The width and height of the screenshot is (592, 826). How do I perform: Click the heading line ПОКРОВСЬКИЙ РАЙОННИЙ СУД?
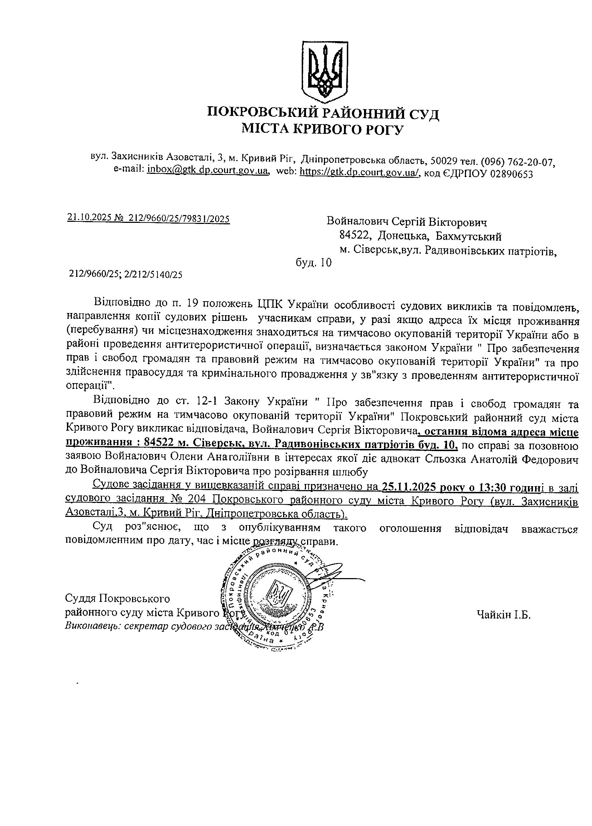(x=323, y=114)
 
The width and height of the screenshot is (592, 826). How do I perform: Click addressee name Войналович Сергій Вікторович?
(x=407, y=221)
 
